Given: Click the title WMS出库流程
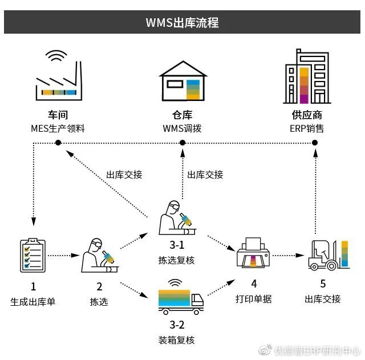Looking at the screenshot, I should [x=182, y=23].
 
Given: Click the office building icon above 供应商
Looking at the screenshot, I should [x=306, y=76].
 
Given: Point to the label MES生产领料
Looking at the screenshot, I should [x=58, y=128].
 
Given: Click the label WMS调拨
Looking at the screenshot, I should [x=182, y=128].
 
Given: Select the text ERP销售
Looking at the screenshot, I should [x=306, y=128].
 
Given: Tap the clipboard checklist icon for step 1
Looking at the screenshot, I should [x=33, y=255].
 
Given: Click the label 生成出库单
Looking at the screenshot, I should [x=33, y=300].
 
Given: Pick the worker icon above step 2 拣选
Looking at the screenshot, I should [x=99, y=254].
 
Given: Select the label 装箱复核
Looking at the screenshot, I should [x=176, y=340].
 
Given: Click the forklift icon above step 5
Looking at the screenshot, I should [x=327, y=255].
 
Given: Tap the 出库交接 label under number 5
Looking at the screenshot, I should [x=323, y=299].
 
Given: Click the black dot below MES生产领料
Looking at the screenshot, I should [x=58, y=141].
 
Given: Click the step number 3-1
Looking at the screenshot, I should [x=176, y=245].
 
